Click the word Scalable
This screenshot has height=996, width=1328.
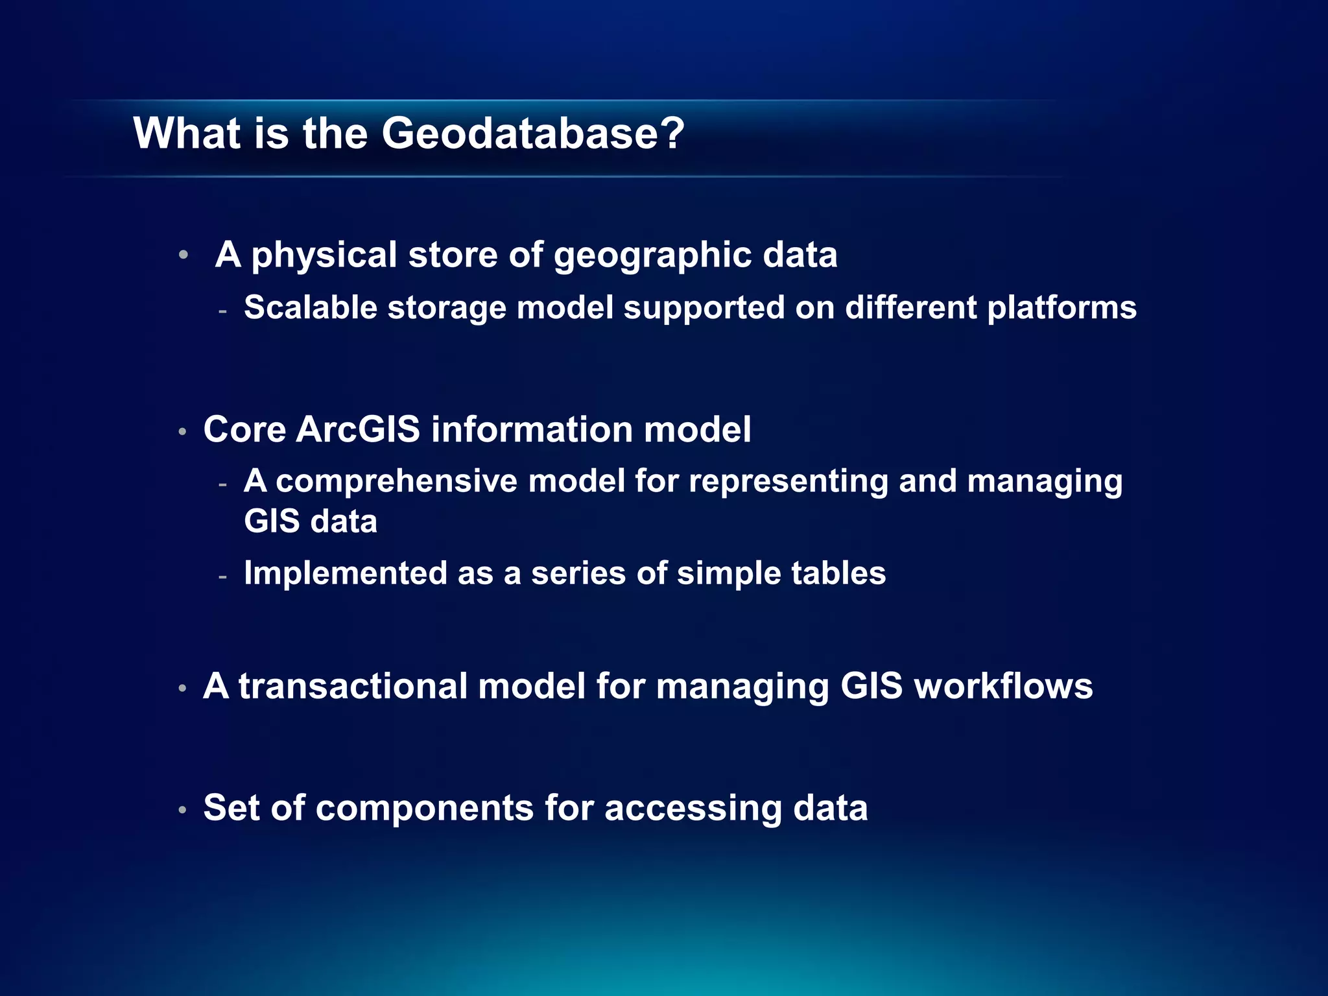coord(311,307)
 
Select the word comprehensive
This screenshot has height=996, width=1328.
coord(396,482)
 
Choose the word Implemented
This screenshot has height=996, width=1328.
coord(346,573)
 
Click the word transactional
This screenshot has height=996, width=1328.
coord(353,686)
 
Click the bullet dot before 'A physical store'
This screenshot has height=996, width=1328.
coord(184,255)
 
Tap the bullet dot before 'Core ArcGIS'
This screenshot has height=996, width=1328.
coord(183,431)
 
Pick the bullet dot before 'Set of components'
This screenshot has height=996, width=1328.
coord(183,809)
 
